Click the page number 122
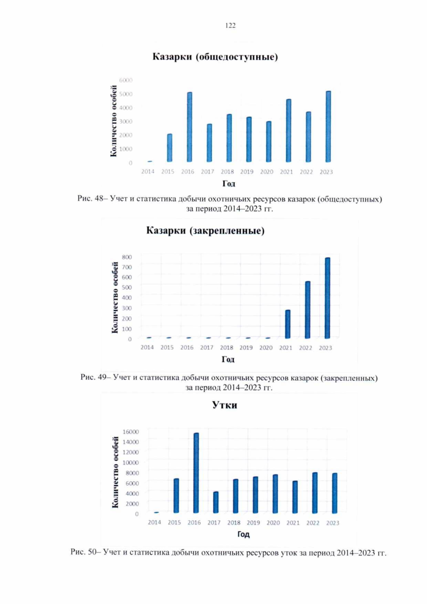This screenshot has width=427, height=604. coord(230,25)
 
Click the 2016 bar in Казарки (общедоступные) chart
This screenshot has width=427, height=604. coord(190,127)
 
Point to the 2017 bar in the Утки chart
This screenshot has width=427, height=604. coord(216,502)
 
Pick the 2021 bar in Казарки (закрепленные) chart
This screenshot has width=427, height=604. coord(288,324)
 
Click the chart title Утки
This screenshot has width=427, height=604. coord(225,405)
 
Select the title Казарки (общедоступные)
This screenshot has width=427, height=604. coord(215,57)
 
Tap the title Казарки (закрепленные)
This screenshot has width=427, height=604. coord(205,231)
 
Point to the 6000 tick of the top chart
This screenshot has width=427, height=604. coord(126,80)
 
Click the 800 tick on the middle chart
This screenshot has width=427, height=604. coord(127,257)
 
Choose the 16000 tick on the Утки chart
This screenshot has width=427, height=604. coord(131,432)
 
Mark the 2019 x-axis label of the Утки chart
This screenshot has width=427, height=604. coord(253,522)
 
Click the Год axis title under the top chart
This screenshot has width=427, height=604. coord(229,184)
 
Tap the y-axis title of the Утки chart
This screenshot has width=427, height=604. coord(115,472)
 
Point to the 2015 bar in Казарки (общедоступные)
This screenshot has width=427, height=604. coord(170,148)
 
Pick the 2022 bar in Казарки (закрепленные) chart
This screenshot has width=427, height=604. coord(308,310)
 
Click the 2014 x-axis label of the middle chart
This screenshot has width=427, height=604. coord(147,347)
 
